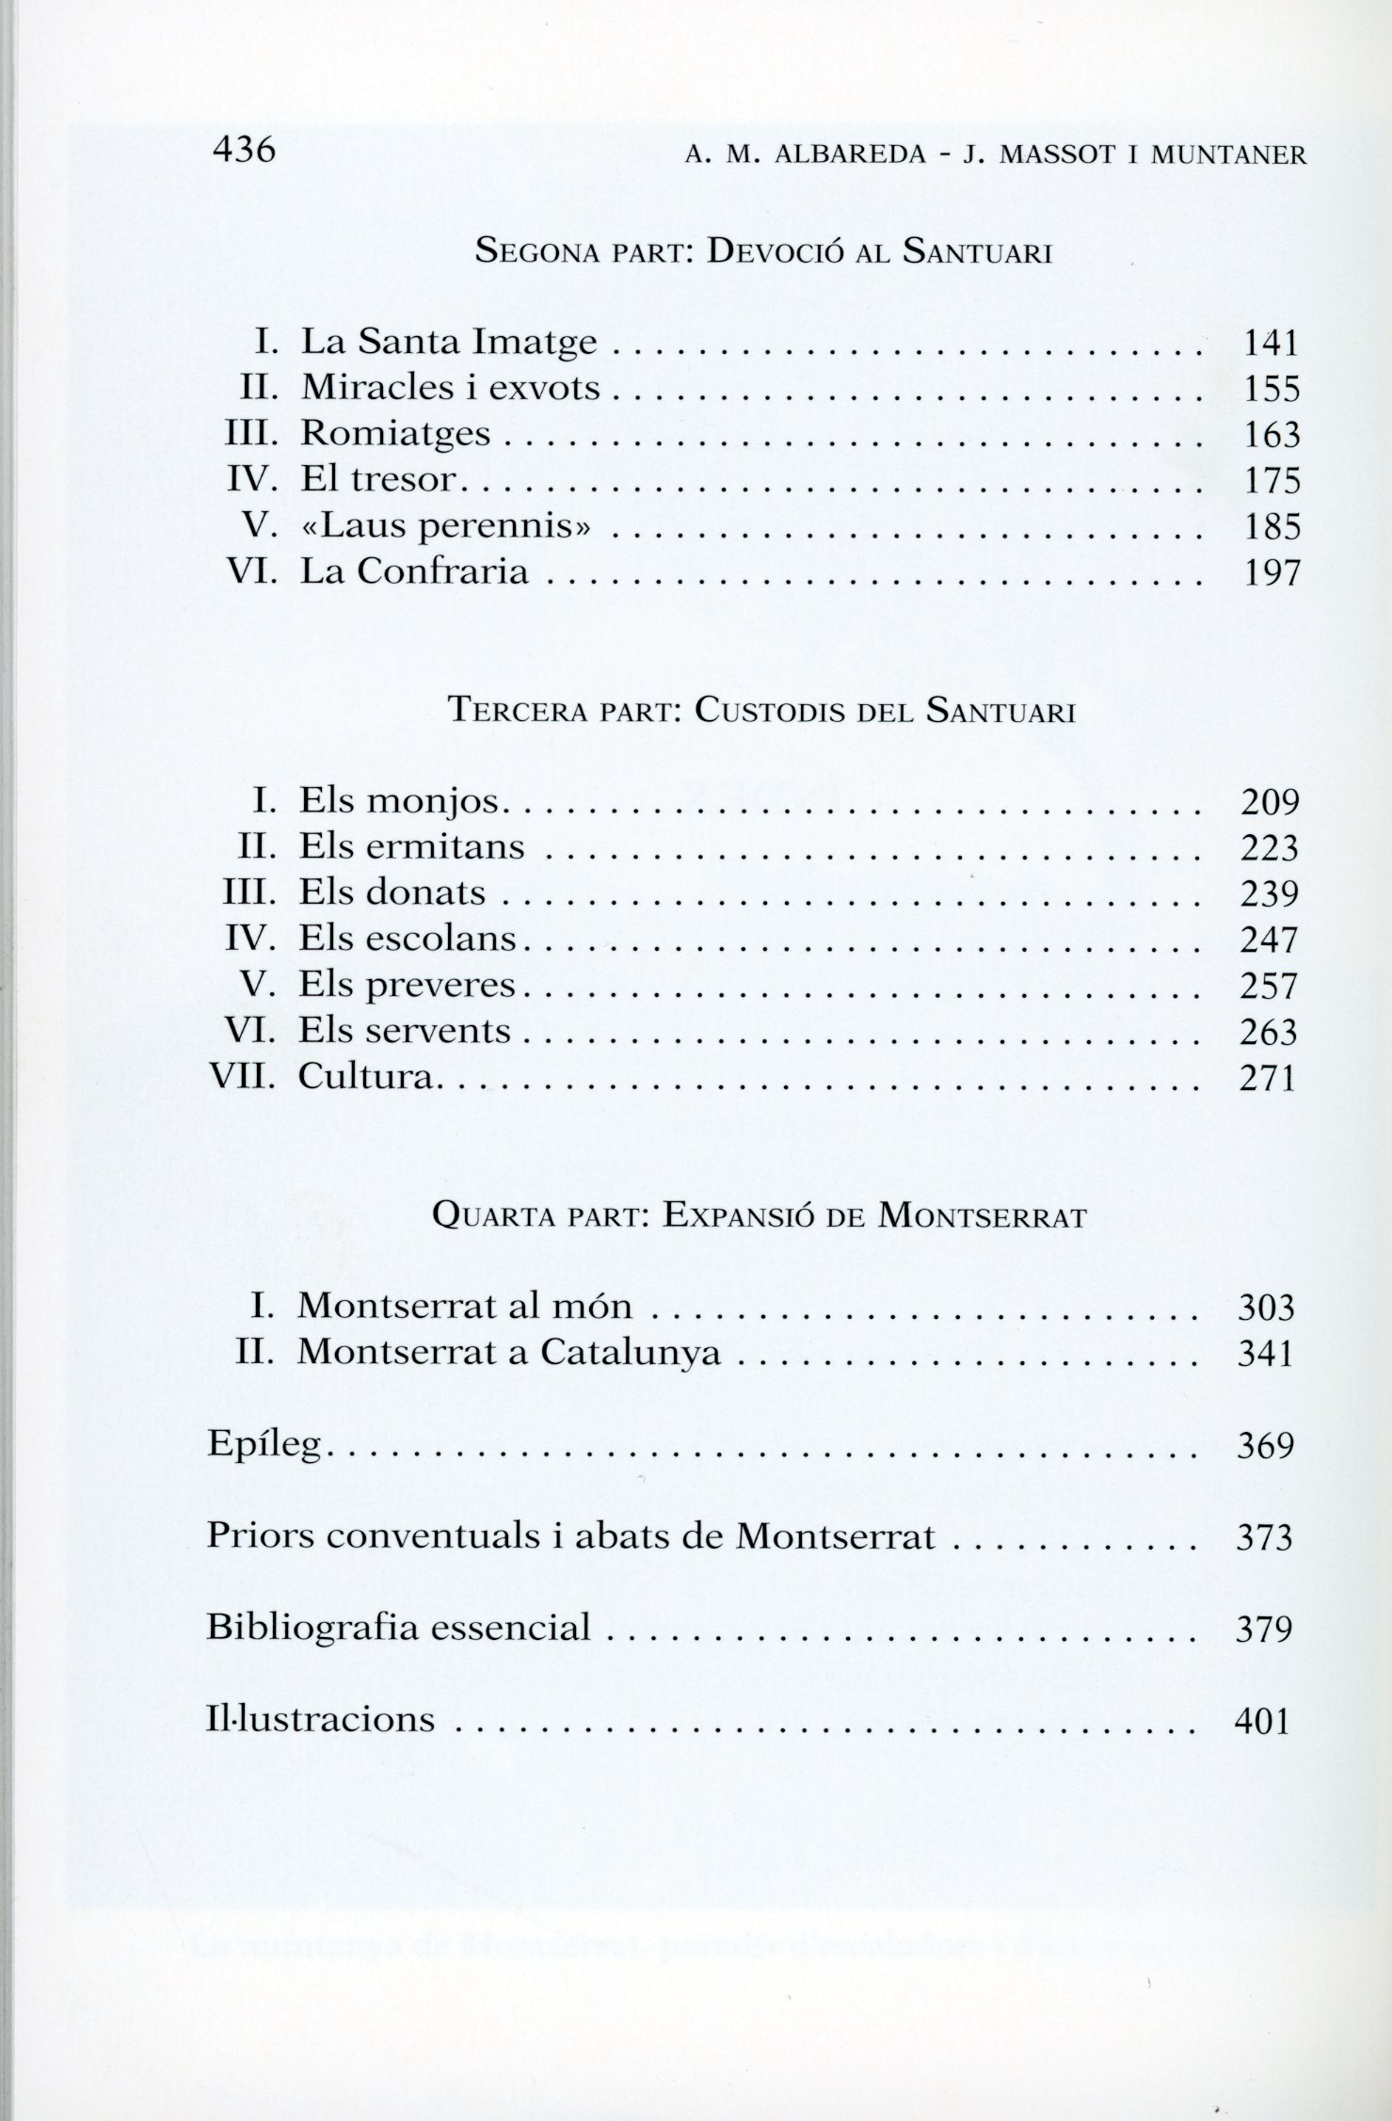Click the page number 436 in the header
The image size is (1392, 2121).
coord(244,149)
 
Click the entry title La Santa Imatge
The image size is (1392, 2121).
coord(449,342)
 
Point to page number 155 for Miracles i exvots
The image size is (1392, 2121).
coord(1272,389)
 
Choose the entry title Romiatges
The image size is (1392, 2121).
coord(395,434)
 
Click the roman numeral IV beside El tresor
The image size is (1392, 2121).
coord(249,479)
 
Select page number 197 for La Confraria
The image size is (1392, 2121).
coord(1272,571)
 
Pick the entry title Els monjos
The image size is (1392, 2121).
coord(403,802)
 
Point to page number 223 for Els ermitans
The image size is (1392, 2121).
coord(1270,848)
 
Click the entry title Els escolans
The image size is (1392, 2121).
coord(408,939)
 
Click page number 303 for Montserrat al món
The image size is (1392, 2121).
coord(1267,1308)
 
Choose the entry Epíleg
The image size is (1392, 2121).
coord(264,1446)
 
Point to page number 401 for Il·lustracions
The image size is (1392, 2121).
coord(1261,1720)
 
